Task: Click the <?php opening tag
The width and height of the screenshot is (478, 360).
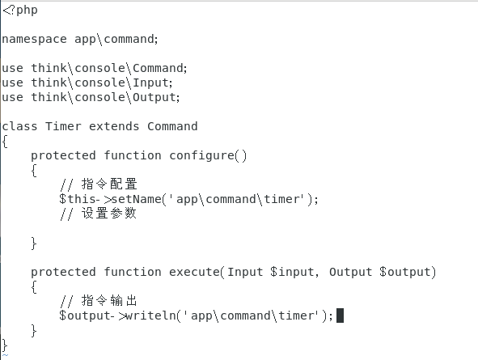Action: point(20,11)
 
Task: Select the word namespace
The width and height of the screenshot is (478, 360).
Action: point(34,40)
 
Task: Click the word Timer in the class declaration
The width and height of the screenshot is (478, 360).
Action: point(63,126)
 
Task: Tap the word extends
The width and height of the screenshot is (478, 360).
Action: point(114,126)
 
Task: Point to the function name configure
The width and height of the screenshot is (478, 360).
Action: point(202,156)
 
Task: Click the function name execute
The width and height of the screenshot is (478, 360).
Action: point(194,272)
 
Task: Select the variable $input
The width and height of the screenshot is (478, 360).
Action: point(292,272)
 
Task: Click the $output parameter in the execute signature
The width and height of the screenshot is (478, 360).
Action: point(405,272)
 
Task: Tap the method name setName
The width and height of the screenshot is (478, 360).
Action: point(137,199)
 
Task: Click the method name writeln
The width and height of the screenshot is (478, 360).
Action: point(151,316)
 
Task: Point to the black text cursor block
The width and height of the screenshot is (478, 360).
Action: point(340,316)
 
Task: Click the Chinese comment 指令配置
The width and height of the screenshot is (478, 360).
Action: point(109,184)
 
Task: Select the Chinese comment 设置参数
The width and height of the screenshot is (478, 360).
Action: point(109,213)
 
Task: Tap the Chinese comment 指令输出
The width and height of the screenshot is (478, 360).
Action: point(109,301)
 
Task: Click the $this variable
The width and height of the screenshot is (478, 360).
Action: point(78,199)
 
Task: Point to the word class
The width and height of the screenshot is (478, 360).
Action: point(19,126)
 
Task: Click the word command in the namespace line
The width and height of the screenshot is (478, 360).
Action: point(129,40)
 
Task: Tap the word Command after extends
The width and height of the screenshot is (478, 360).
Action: point(172,126)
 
